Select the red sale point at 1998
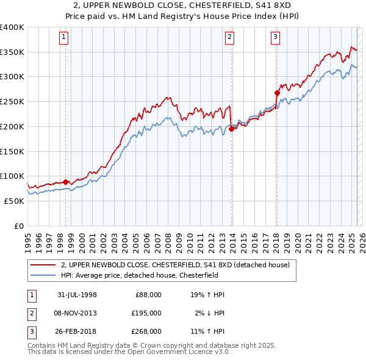[x=66, y=182]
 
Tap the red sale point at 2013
[x=232, y=129]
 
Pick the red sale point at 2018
[x=277, y=93]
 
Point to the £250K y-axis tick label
[x=12, y=101]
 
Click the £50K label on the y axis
[x=14, y=201]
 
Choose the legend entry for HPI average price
[x=134, y=275]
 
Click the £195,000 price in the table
[x=146, y=313]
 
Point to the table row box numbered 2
[x=30, y=313]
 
